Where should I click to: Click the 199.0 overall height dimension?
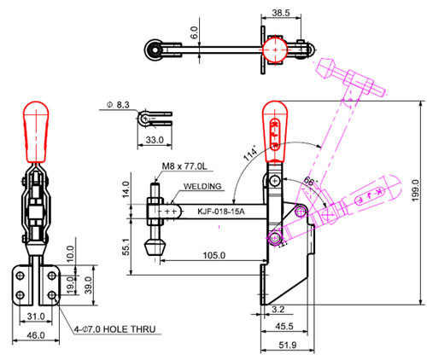pos(415,190)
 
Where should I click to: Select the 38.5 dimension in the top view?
pos(281,13)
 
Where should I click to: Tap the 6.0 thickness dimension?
pos(194,32)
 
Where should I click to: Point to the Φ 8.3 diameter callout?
pos(118,105)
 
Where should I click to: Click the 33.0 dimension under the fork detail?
pos(155,140)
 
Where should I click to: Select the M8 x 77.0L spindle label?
pos(184,166)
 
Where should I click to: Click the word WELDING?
pos(202,186)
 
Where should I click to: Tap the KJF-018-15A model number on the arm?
pos(221,212)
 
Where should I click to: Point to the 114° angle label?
pos(250,154)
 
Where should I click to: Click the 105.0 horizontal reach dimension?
pos(213,255)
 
